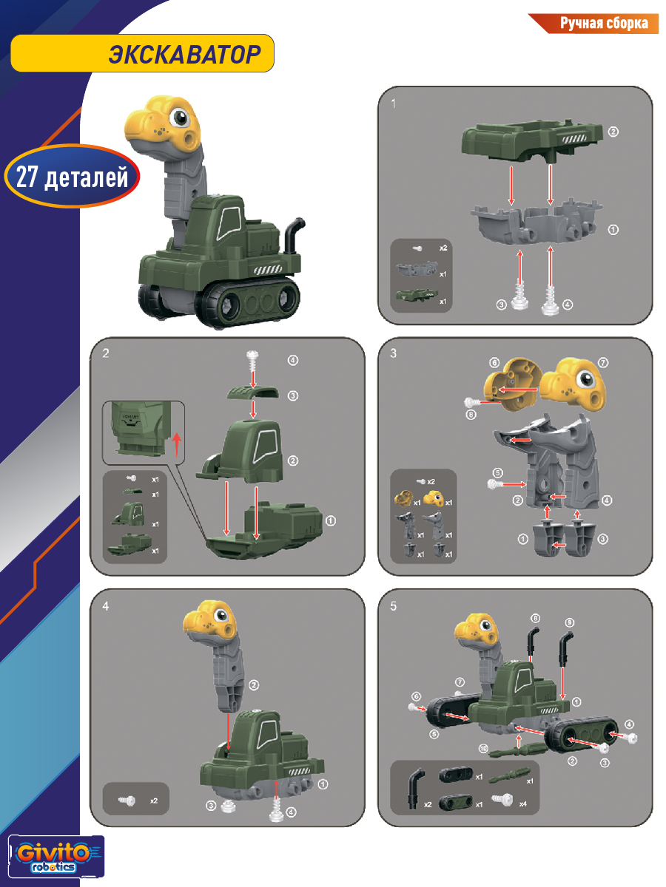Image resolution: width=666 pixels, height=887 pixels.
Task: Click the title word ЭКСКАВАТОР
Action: (184, 54)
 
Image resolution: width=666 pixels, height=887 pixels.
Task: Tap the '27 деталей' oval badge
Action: (72, 176)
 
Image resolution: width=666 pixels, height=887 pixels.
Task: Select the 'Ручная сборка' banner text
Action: (604, 24)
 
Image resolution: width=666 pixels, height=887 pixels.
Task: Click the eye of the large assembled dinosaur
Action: (179, 118)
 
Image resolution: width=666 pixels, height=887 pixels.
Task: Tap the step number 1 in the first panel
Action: (393, 104)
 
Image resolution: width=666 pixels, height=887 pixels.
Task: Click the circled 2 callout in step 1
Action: (613, 132)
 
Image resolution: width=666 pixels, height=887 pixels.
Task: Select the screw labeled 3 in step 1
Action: (519, 296)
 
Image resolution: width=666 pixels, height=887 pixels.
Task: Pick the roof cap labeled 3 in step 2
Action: (253, 393)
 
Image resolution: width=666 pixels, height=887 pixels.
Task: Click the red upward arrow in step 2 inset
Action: (177, 444)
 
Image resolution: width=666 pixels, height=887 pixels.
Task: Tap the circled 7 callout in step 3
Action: (602, 362)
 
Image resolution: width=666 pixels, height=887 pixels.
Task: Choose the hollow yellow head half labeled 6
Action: (512, 384)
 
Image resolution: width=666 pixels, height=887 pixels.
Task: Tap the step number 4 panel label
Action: (106, 606)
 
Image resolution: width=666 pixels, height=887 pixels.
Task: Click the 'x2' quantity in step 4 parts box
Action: (154, 801)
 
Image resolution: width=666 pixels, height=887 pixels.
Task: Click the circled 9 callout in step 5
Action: (569, 622)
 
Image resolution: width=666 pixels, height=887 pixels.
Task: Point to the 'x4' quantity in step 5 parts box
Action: (523, 803)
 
